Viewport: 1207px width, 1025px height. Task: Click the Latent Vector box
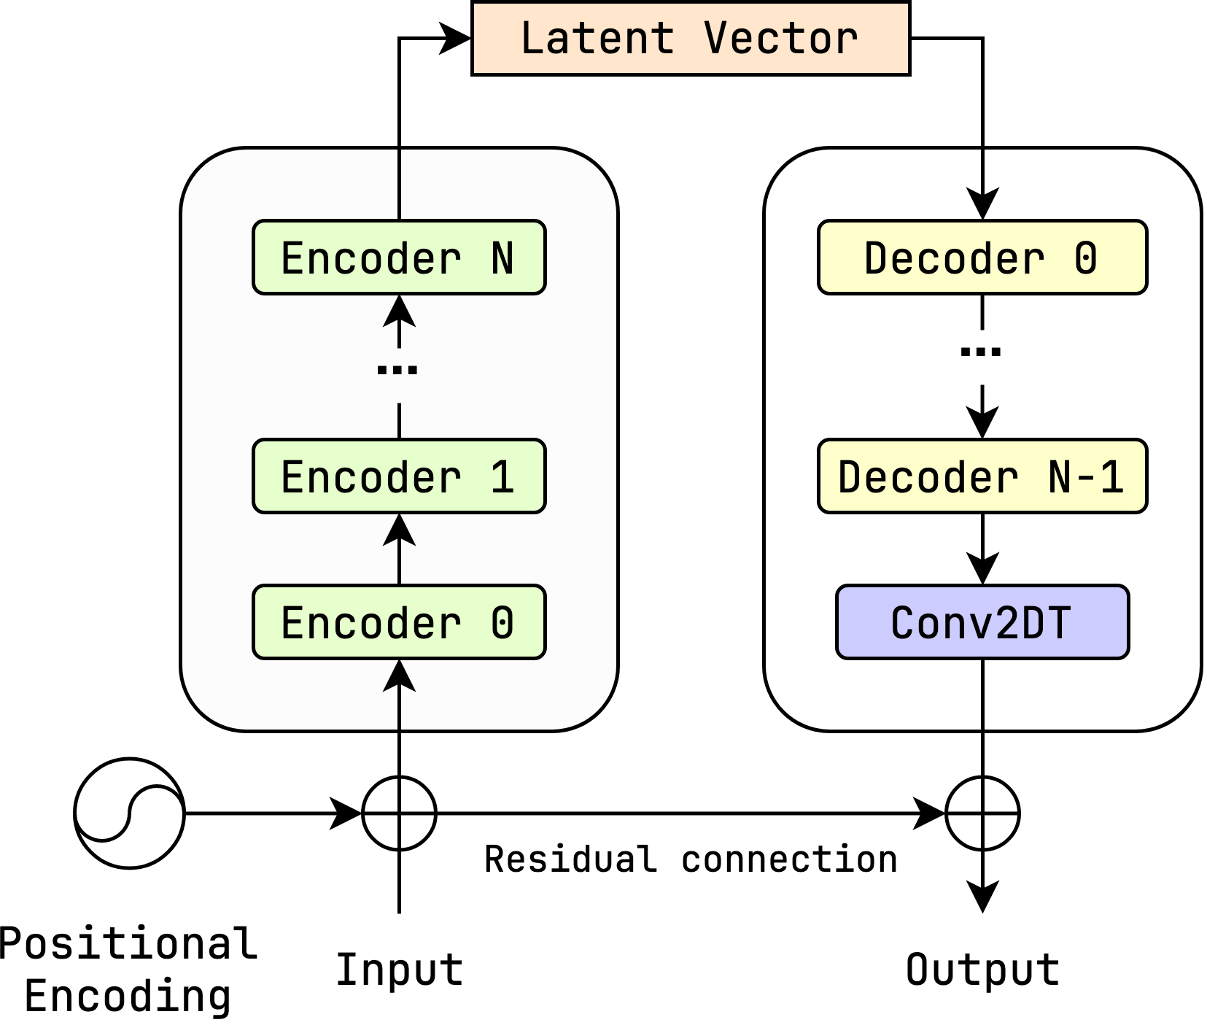[x=691, y=38]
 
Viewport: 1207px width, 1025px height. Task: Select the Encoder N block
[x=399, y=258]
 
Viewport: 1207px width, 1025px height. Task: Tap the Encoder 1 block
[x=399, y=476]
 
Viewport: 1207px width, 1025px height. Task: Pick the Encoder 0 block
[x=399, y=622]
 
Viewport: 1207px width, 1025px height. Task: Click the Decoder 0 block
[x=982, y=258]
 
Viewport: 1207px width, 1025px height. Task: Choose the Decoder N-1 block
[x=982, y=476]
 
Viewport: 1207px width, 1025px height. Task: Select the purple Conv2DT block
[x=982, y=622]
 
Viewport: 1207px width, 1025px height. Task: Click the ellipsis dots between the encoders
[x=397, y=370]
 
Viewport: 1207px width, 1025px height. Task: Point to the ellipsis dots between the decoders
[x=981, y=352]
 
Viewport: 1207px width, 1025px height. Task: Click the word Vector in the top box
[x=781, y=38]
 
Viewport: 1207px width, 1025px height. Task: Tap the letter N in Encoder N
[x=502, y=258]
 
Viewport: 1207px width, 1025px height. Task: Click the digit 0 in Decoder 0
[x=1086, y=258]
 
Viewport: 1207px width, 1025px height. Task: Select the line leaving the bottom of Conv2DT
[x=982, y=693]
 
